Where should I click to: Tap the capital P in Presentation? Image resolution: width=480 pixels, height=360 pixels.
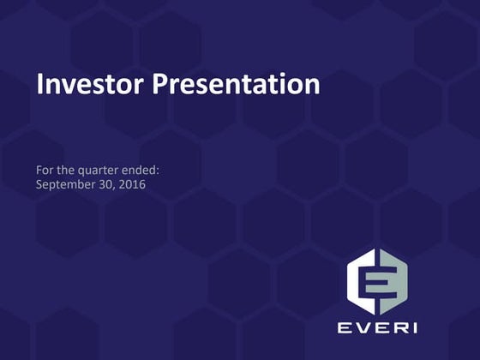[161, 85]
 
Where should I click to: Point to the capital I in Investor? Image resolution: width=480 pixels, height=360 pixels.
[39, 85]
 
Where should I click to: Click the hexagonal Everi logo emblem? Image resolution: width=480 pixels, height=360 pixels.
[377, 280]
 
